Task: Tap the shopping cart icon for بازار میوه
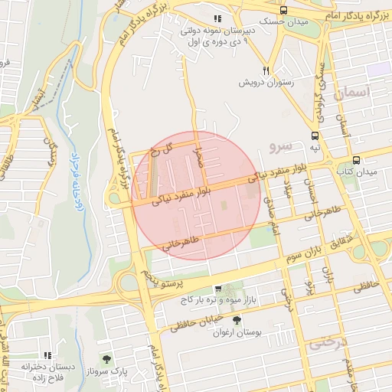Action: (x=219, y=289)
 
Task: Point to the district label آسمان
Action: (x=352, y=93)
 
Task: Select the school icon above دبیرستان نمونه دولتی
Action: (x=217, y=18)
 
